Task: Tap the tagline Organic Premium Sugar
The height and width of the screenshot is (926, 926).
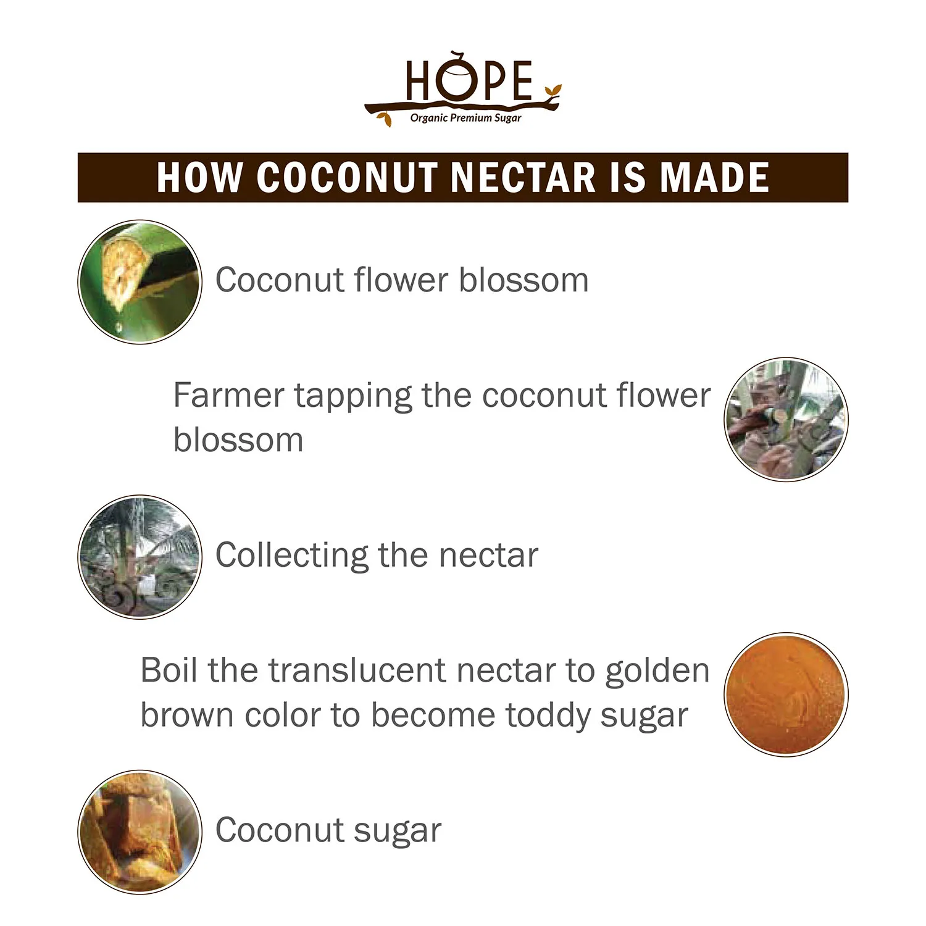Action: pos(465,118)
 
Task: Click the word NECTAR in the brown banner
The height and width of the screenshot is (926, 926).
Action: pos(523,178)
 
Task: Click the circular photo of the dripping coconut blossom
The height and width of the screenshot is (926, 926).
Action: pos(140,282)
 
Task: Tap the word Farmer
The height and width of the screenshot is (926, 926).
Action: pos(228,395)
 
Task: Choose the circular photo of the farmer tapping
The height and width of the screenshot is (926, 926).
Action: pos(786,420)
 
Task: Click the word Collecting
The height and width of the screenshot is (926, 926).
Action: pos(290,555)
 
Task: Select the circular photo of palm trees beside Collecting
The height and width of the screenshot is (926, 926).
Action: pos(140,557)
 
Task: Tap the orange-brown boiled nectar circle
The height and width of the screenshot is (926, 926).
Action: pos(786,694)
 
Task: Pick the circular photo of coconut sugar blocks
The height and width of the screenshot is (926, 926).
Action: pos(140,832)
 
